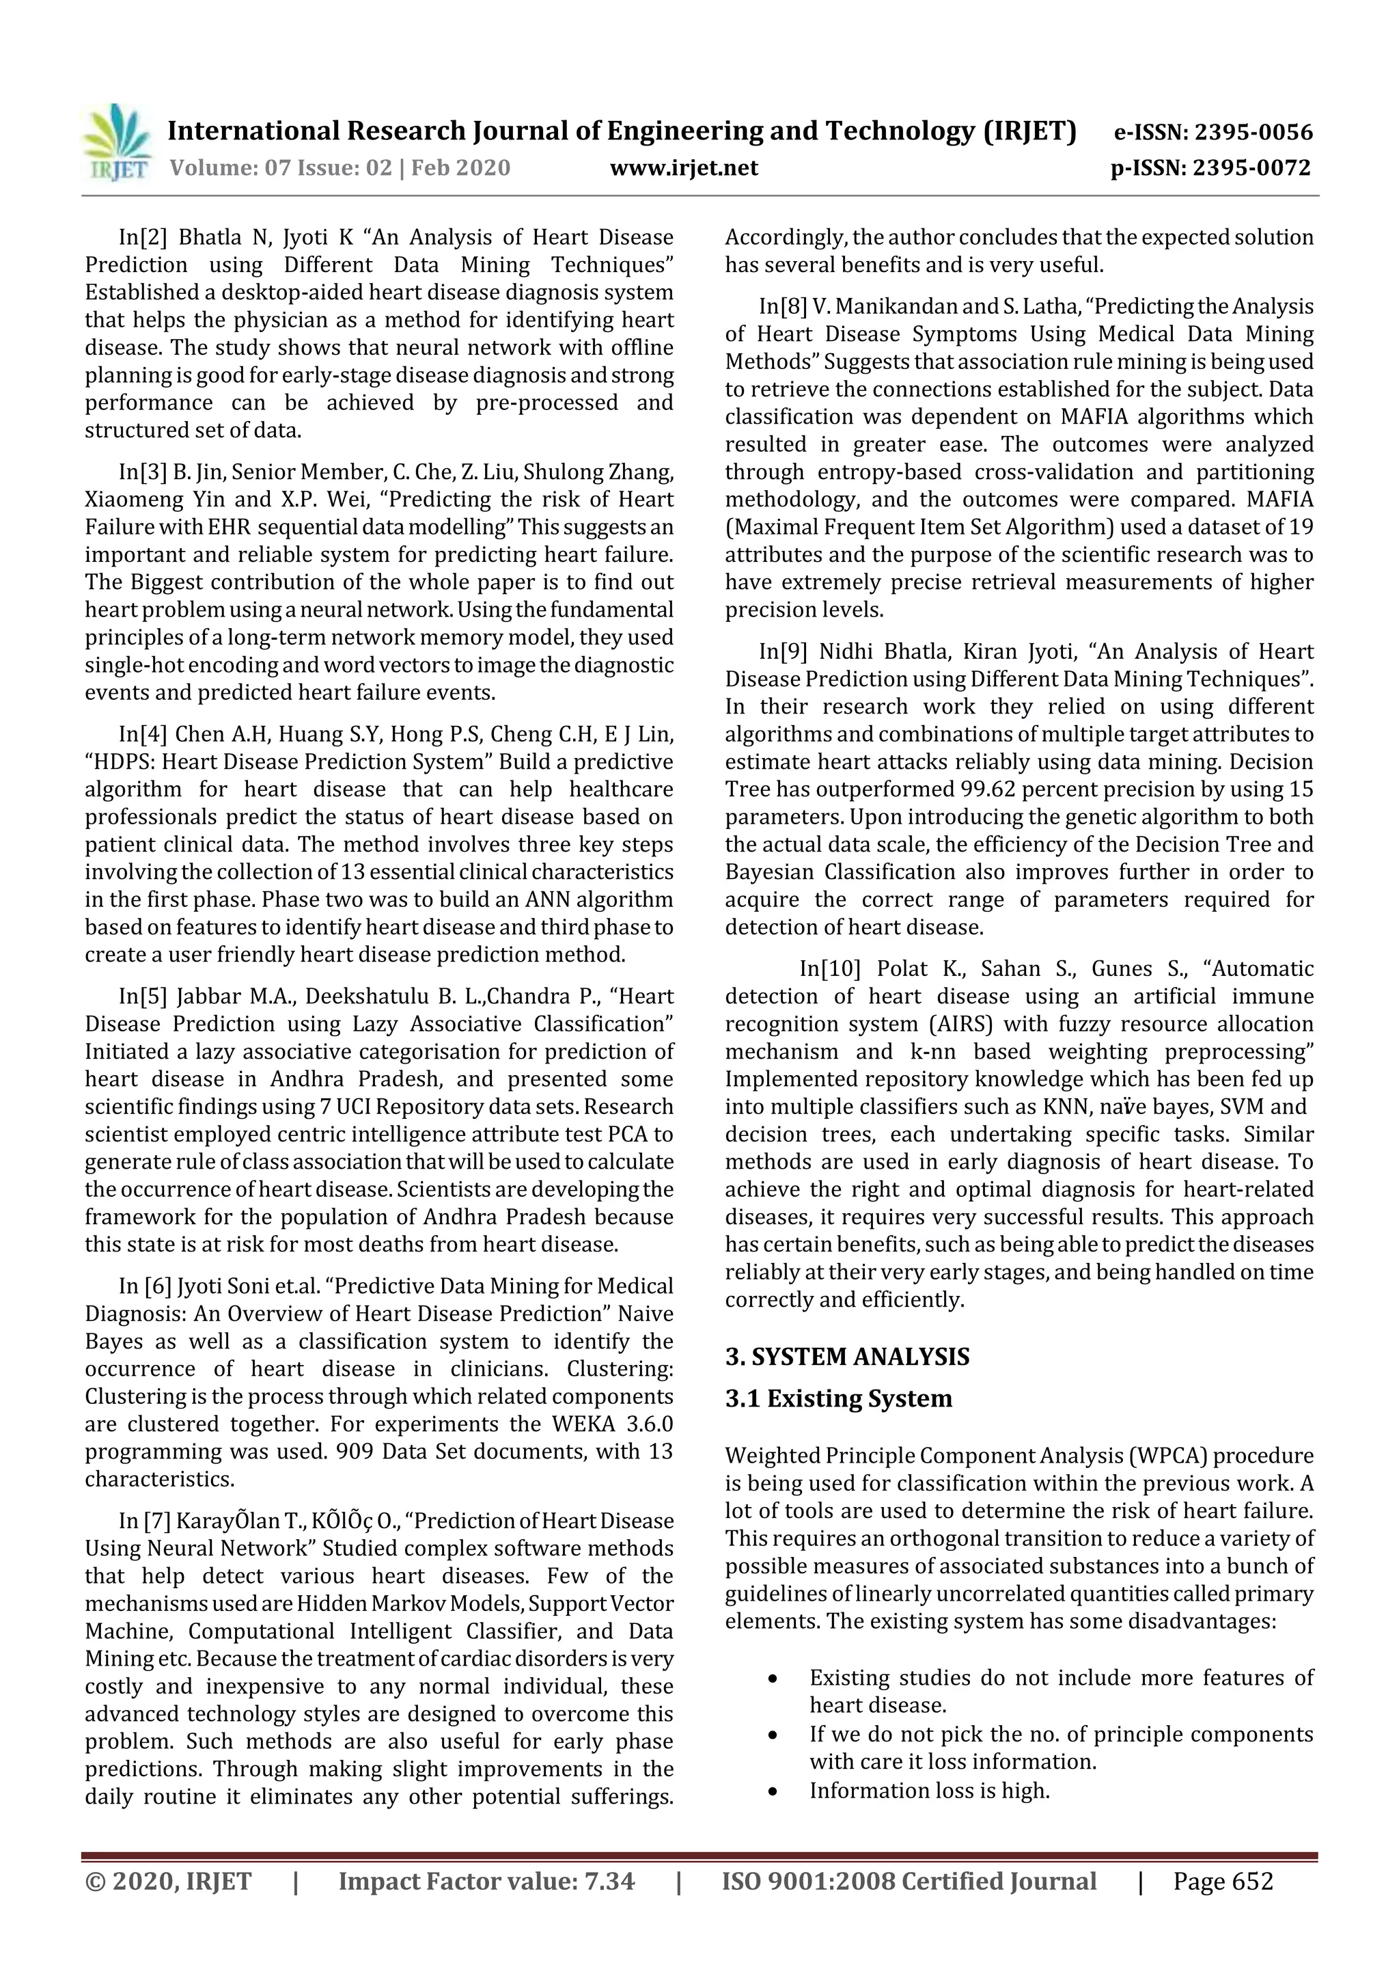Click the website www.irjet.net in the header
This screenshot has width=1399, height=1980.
click(684, 167)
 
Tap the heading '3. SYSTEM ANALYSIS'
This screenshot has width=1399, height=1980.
click(846, 1357)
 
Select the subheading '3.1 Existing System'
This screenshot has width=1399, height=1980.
click(838, 1398)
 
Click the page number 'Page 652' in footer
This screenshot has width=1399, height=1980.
click(1222, 1881)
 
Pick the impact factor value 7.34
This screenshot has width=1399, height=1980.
click(609, 1881)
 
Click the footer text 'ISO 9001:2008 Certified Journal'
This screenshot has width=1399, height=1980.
click(909, 1881)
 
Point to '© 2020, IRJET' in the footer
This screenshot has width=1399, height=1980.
click(168, 1881)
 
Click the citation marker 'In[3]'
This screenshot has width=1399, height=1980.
click(142, 472)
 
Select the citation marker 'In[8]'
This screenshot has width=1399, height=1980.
click(782, 306)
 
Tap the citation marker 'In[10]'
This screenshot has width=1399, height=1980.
click(829, 968)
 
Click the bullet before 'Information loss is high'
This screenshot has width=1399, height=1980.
click(773, 1792)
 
